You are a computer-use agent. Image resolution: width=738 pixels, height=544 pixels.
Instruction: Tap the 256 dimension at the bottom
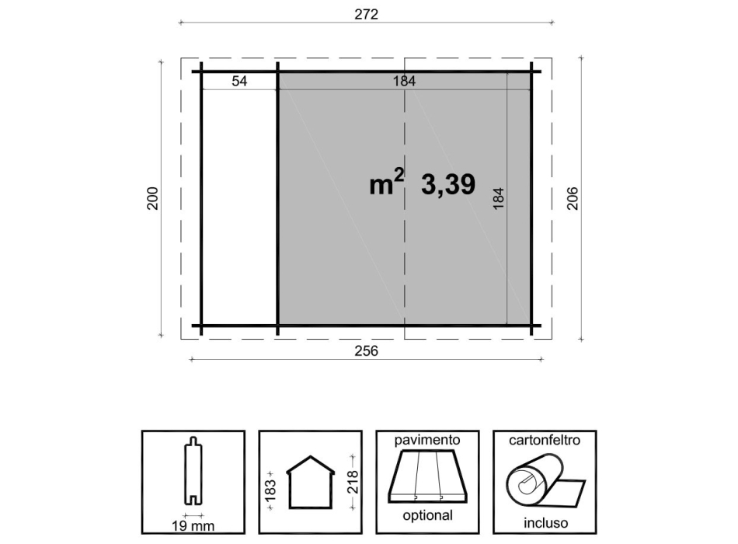tap(366, 351)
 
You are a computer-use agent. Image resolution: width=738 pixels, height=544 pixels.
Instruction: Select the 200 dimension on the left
tap(152, 199)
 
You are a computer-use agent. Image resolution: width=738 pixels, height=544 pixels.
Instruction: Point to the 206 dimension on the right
tap(573, 199)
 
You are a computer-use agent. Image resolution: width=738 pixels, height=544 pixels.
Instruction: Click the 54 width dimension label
tap(239, 81)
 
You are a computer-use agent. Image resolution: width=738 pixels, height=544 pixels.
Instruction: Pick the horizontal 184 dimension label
tap(403, 81)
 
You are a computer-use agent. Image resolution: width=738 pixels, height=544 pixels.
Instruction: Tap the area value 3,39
tap(448, 185)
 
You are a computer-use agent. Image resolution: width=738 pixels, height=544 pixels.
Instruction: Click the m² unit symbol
tap(387, 184)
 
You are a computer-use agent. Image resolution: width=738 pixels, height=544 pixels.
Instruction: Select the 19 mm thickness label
tap(193, 525)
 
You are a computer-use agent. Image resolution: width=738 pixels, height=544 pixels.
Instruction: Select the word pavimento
tap(426, 440)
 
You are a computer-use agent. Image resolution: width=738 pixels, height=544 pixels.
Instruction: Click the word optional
tap(426, 515)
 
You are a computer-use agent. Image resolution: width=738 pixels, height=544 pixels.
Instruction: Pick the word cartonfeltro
tap(545, 440)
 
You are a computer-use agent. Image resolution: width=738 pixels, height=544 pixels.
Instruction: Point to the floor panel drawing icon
tap(426, 477)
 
